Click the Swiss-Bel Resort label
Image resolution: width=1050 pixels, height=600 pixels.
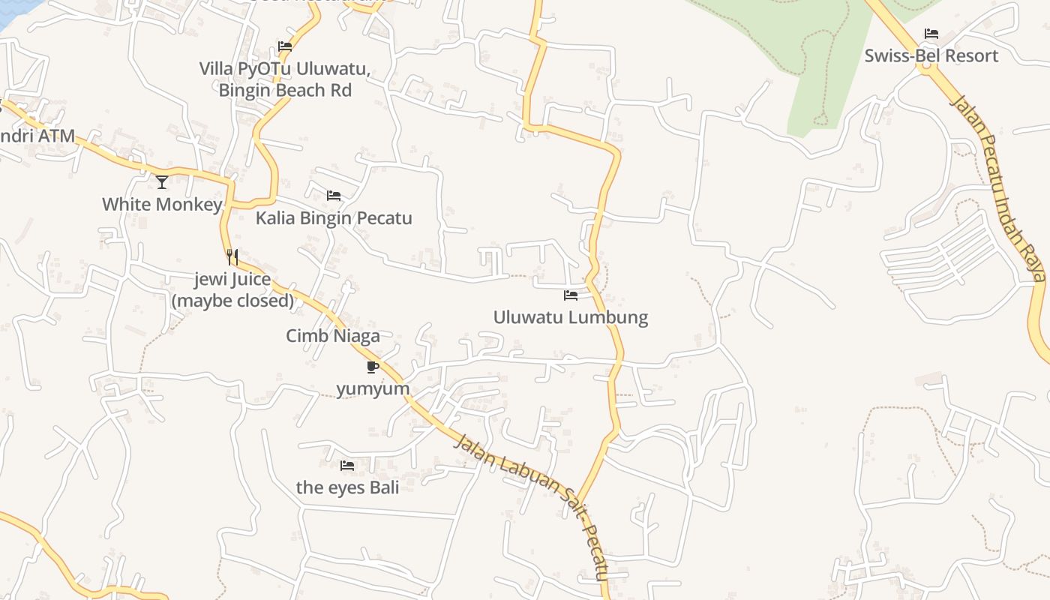931,56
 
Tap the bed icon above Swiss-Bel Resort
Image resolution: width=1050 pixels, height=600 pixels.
931,34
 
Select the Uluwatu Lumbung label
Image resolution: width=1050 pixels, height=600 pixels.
570,317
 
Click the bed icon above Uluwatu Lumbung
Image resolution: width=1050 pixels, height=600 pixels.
571,295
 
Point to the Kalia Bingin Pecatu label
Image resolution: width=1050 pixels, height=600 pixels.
334,218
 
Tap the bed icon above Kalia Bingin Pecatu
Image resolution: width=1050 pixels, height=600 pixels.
334,196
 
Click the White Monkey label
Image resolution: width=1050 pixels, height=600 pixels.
162,204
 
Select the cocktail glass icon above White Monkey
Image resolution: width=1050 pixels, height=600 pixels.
162,181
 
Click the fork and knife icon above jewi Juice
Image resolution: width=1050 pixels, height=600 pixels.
232,257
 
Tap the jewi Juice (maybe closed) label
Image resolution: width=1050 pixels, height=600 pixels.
232,290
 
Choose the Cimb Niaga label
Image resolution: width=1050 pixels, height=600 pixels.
333,336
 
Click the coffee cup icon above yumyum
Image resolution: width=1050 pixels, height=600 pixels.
373,367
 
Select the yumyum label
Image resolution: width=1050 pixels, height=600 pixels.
373,388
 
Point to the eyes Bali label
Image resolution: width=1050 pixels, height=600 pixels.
347,487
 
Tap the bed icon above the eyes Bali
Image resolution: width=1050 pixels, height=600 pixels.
347,466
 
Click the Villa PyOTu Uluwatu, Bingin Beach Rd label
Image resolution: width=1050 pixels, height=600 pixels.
285,79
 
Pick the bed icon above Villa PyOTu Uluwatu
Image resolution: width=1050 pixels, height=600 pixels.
285,46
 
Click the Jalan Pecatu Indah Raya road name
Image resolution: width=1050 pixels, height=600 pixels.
997,187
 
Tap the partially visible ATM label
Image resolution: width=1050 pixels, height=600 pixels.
37,136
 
